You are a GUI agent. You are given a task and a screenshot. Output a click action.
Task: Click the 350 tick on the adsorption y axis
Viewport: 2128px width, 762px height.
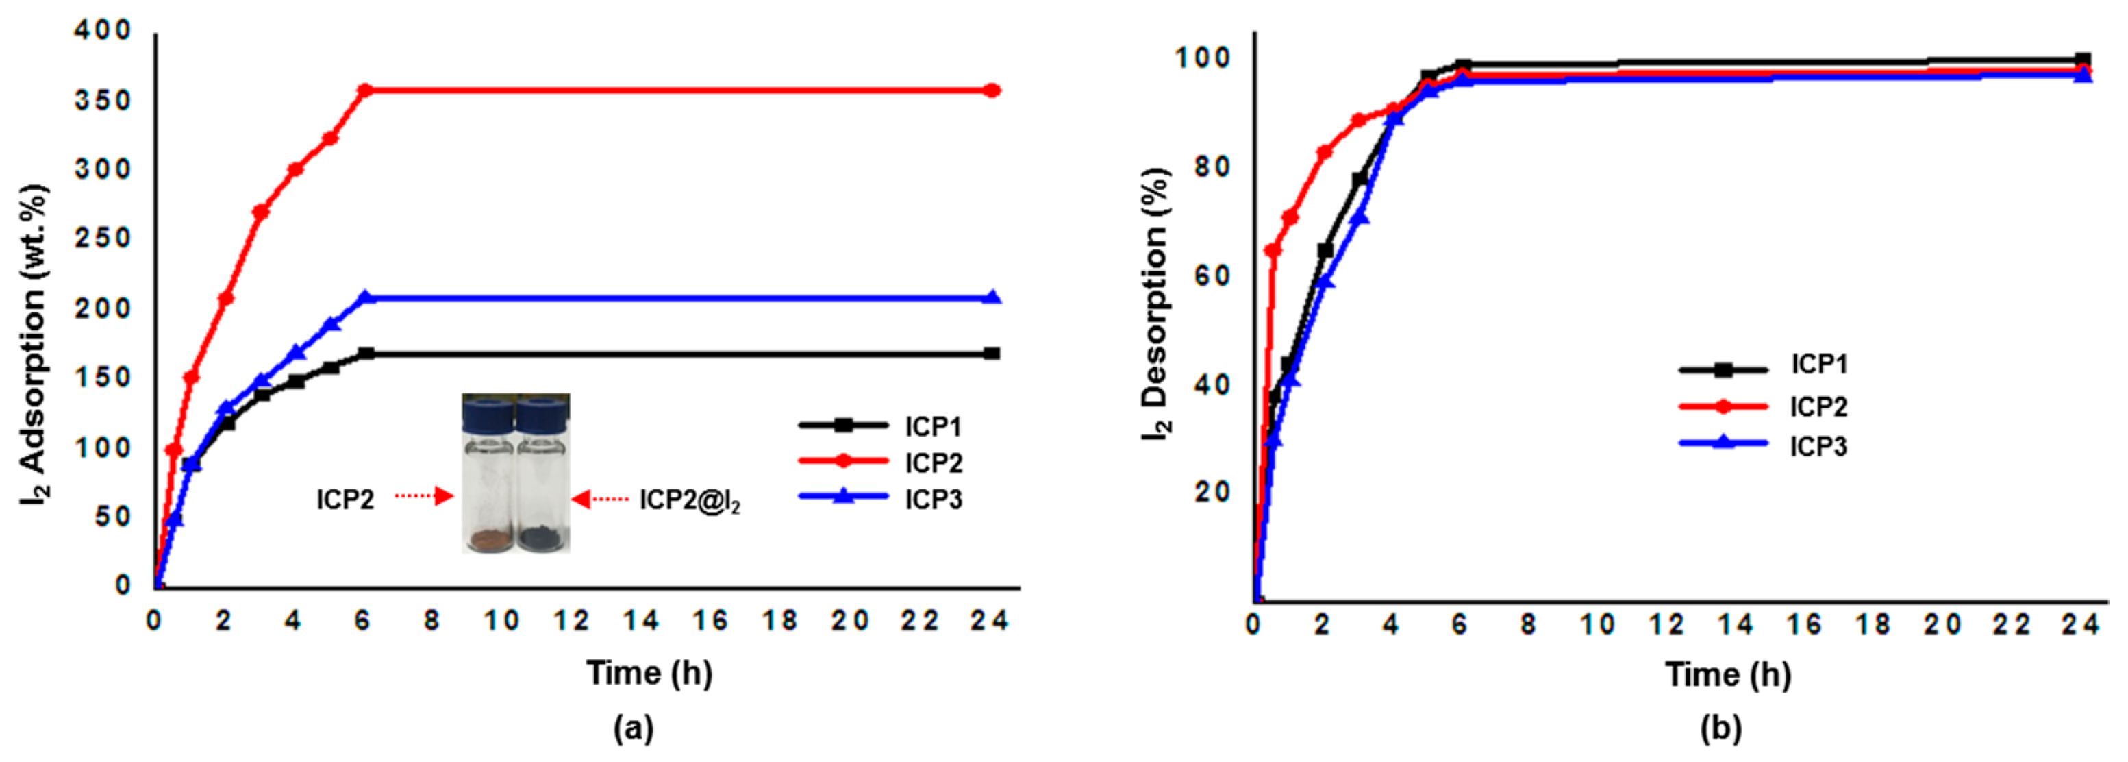click(103, 101)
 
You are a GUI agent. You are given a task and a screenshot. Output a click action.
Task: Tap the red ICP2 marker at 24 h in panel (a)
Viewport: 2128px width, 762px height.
click(992, 90)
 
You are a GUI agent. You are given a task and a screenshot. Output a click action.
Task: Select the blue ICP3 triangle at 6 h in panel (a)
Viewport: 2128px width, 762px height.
click(365, 297)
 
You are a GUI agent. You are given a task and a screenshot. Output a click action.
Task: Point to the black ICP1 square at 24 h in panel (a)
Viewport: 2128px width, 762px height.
click(992, 354)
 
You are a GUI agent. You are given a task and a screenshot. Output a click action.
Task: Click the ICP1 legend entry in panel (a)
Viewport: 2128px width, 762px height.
click(880, 426)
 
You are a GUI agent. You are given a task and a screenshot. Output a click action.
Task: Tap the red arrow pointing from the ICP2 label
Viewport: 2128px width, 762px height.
click(425, 497)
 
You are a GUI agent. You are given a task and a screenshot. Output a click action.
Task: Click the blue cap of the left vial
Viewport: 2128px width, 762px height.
click(488, 413)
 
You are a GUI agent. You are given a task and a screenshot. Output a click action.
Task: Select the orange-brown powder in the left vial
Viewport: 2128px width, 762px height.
click(489, 541)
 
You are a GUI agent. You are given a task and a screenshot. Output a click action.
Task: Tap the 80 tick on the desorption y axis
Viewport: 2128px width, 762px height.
click(1211, 167)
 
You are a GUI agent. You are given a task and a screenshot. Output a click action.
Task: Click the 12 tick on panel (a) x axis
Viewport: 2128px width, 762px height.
click(571, 621)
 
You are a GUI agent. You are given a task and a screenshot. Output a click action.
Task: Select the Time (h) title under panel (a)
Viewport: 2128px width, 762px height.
click(649, 673)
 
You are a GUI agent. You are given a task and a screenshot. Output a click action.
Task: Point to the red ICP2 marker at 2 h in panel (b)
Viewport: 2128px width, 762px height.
click(1324, 152)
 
